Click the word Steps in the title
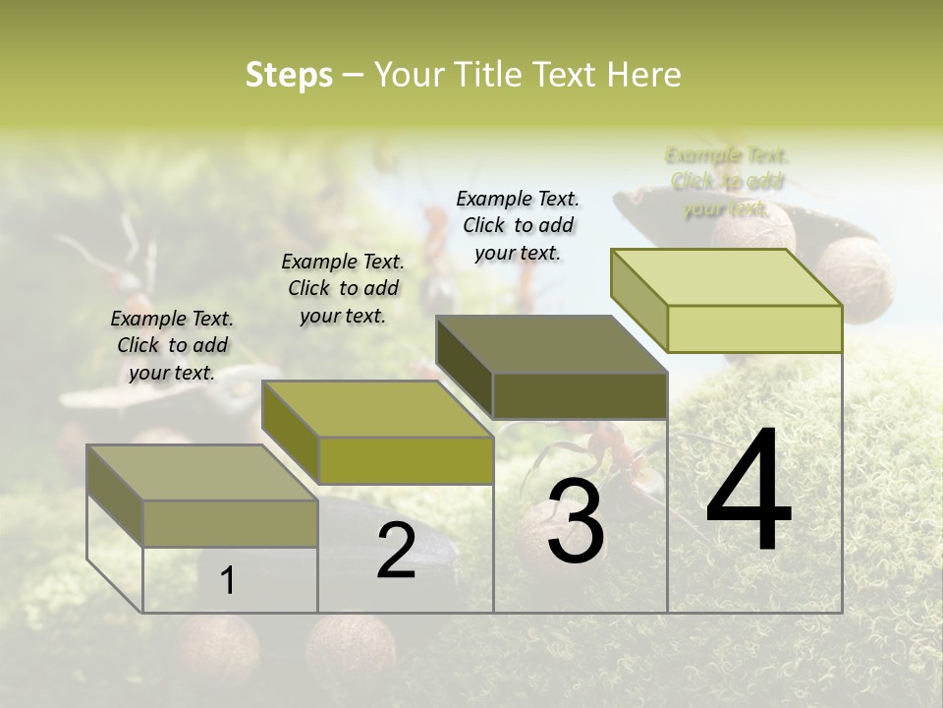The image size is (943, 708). point(289,75)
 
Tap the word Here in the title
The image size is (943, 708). point(643,75)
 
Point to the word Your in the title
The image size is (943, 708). point(412,75)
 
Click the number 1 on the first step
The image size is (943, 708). point(228,580)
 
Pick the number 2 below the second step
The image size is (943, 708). point(396,551)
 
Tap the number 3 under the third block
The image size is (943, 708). point(576,522)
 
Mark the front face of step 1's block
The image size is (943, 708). point(230,523)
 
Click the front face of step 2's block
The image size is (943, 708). point(406,460)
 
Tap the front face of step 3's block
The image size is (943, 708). point(580,395)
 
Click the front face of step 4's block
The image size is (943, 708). point(754,328)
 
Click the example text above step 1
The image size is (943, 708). point(172,345)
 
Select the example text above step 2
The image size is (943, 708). point(343,288)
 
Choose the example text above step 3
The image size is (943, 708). point(518,225)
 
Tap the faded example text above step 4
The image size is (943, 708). point(727,182)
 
